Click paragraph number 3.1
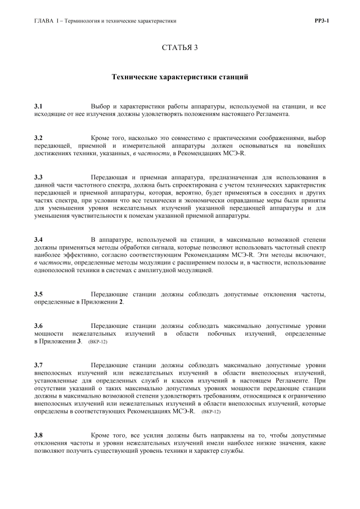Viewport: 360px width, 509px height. coord(38,106)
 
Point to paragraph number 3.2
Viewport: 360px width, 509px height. coord(38,138)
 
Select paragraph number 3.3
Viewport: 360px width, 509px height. coord(38,177)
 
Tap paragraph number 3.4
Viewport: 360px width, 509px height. coord(38,240)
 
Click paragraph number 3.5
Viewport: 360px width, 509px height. coord(38,294)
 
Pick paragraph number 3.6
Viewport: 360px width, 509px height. coord(38,326)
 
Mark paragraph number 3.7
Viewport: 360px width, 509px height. coord(38,365)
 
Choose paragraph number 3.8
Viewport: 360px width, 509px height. coord(38,435)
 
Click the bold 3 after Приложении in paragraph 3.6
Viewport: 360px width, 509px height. coord(79,341)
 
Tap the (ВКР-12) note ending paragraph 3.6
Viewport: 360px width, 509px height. coord(98,342)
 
